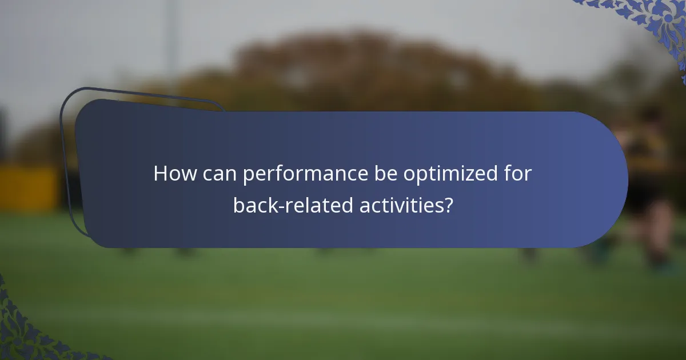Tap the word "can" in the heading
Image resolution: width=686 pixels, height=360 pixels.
218,174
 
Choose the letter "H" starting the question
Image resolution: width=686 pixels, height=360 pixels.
161,174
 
